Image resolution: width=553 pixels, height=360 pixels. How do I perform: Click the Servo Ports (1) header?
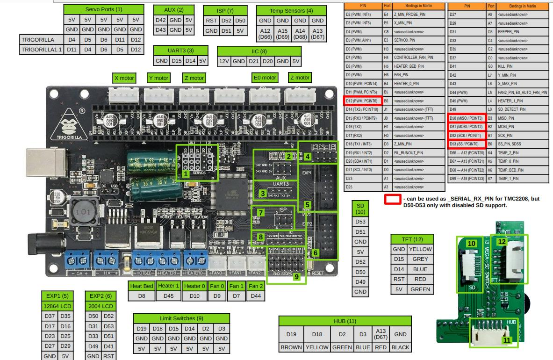tap(104, 9)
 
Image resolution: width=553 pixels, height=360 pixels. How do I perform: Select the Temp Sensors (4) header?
tap(291, 10)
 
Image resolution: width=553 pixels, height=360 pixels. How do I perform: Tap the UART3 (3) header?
tap(180, 50)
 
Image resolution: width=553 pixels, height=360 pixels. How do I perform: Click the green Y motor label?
tap(158, 78)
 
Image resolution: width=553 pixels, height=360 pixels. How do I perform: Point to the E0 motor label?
tap(264, 78)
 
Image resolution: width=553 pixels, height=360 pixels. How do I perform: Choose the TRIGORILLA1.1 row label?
tap(42, 50)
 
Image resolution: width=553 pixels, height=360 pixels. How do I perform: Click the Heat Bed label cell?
tap(142, 286)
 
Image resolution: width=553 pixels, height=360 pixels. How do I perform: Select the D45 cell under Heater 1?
tap(168, 296)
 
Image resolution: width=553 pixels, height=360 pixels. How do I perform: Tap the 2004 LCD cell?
tap(101, 306)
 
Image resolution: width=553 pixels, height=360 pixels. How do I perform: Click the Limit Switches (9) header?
tap(181, 318)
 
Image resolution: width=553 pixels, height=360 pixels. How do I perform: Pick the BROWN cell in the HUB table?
tap(291, 347)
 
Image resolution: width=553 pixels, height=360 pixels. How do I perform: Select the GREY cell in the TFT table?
tap(420, 259)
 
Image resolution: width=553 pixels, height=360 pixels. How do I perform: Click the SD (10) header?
tap(360, 209)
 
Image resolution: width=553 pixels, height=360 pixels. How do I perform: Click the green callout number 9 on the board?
tap(295, 276)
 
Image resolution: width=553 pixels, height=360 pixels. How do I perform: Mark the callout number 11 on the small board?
tap(507, 340)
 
